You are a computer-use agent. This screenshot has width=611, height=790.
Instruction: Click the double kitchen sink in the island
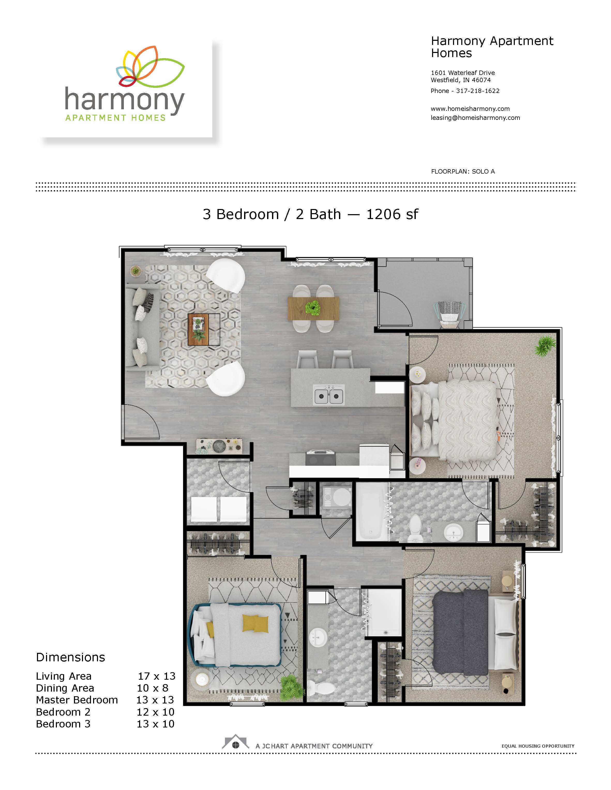(329, 395)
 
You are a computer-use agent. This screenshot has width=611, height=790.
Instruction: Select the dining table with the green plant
(313, 308)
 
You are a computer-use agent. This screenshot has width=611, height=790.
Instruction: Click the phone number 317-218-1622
(478, 91)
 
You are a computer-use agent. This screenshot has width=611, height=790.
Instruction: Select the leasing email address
(475, 118)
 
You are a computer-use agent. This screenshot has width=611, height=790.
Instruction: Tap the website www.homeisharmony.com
(470, 109)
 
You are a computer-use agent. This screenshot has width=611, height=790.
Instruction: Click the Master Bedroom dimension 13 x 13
(155, 700)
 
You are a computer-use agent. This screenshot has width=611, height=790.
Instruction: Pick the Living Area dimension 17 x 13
(156, 676)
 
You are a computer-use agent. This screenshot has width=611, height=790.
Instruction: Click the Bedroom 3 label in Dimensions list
(63, 724)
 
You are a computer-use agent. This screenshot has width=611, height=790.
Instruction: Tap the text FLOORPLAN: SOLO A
(463, 172)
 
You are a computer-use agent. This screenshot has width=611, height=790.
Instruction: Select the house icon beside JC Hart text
(236, 742)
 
